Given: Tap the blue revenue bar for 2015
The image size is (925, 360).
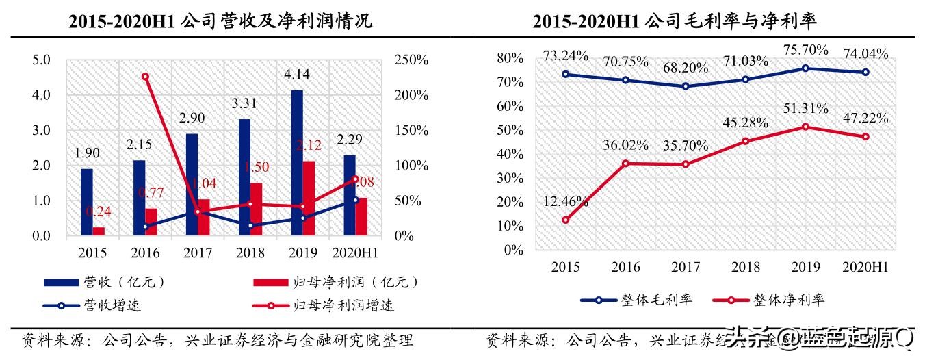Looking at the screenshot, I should (86, 203).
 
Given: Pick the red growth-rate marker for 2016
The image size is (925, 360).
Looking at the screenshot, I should (145, 77).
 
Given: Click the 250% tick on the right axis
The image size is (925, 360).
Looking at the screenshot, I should (411, 60).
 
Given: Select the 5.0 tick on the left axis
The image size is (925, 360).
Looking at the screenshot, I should (42, 60).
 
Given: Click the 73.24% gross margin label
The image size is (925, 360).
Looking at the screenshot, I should (565, 56).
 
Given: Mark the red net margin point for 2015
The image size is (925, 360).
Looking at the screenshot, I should (566, 220).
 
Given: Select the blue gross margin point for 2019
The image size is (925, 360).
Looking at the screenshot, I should (805, 68).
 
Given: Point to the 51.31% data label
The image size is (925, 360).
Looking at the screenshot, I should (805, 109).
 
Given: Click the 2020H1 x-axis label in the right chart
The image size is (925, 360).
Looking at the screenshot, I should (865, 267).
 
